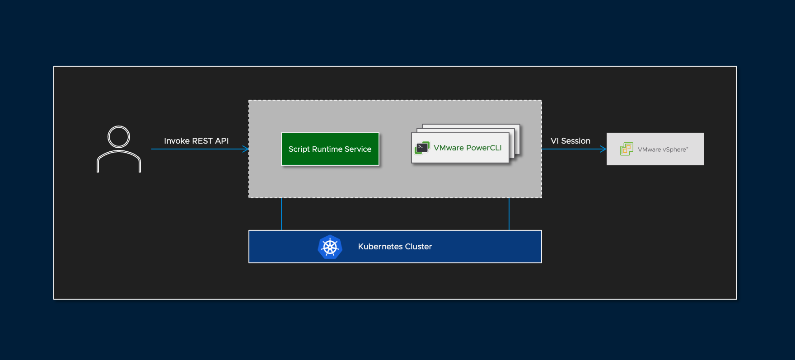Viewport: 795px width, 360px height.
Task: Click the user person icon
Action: (119, 150)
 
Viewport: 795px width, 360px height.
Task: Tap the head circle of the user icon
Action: (119, 137)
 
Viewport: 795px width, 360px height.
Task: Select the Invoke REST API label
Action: (196, 141)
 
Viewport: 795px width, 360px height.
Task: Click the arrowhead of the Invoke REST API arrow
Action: (246, 149)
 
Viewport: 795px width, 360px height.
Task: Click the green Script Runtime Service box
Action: (330, 149)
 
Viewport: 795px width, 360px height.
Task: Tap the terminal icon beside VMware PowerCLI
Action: (422, 148)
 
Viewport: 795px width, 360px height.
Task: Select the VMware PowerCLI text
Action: (468, 148)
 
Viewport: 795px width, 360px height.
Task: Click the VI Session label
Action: (570, 141)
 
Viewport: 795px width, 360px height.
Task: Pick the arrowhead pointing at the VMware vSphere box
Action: (603, 149)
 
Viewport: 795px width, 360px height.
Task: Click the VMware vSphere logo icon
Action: (627, 149)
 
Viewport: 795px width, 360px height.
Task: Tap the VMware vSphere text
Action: (663, 150)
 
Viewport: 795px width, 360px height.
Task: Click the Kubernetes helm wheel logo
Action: (330, 247)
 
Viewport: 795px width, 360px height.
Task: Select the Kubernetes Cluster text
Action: (395, 247)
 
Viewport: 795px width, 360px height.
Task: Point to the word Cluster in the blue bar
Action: (418, 247)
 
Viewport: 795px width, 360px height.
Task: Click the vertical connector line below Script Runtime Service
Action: (281, 214)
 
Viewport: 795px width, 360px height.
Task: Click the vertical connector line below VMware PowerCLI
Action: (509, 214)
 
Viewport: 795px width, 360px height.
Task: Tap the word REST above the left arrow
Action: (202, 141)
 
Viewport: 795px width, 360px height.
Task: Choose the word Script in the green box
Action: (299, 149)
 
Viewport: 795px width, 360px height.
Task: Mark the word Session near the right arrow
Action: (575, 141)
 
